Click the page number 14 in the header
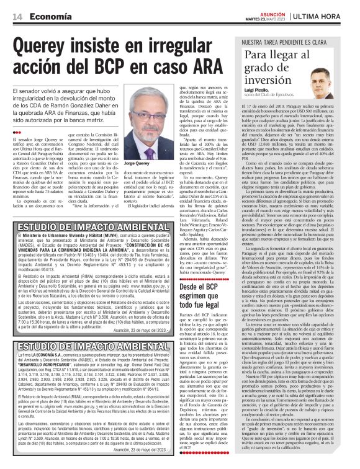pos(16,16)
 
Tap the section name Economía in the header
pos(46,16)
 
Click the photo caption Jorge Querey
pos(155,163)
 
